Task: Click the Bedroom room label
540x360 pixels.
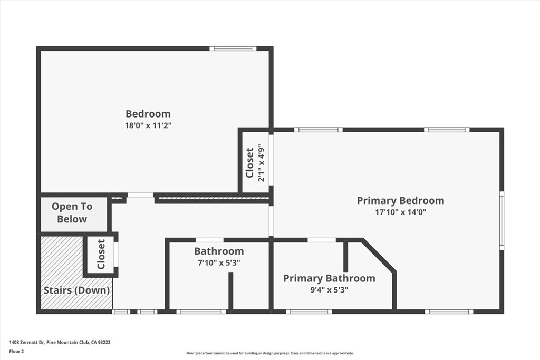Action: click(x=148, y=113)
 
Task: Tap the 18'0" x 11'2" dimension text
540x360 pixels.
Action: click(x=148, y=125)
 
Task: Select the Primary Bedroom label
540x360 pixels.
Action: click(x=400, y=200)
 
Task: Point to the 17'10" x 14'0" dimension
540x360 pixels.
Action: click(x=400, y=212)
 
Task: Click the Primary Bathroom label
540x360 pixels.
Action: click(x=329, y=278)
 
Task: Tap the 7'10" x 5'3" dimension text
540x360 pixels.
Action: click(x=218, y=262)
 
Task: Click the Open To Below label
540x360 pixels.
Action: click(x=72, y=213)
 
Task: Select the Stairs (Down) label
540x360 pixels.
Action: click(x=76, y=290)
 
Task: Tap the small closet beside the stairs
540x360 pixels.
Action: click(x=101, y=255)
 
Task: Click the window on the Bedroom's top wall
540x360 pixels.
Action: click(x=233, y=49)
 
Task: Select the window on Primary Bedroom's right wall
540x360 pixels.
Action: click(x=502, y=220)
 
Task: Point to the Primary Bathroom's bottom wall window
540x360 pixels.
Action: click(x=309, y=312)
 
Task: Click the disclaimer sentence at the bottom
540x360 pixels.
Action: click(x=269, y=353)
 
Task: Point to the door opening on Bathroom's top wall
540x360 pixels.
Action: click(x=209, y=240)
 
